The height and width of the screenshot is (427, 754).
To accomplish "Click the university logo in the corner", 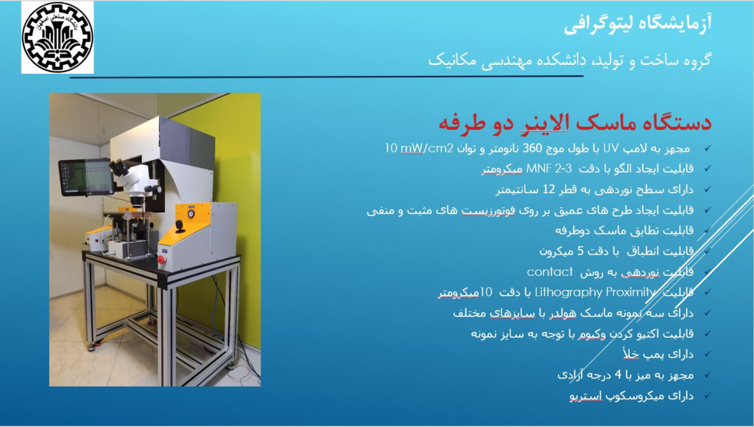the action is point(57,37).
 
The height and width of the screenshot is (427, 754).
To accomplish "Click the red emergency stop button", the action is point(161,260).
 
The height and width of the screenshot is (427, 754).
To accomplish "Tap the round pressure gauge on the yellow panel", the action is point(191,214).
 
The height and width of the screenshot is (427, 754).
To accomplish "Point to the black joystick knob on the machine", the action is point(180,225).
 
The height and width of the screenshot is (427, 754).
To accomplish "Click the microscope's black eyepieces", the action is point(119,167).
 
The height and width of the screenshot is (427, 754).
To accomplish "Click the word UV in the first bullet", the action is point(610,148).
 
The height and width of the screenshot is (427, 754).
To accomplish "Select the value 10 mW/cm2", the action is point(419,148).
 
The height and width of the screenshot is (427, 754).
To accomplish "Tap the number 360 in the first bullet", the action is point(532,148).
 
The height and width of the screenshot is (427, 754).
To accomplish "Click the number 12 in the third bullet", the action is point(549,190).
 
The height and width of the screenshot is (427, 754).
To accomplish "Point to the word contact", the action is point(549,272).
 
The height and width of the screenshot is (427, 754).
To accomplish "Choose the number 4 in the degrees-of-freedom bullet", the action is point(618,375).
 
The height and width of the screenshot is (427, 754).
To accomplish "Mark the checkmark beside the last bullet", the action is point(708,395).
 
